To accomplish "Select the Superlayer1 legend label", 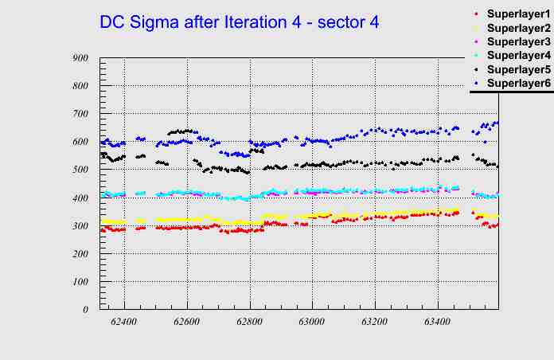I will pyautogui.click(x=518, y=14).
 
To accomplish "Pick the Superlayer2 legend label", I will pyautogui.click(x=518, y=28).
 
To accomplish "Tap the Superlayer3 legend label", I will pyautogui.click(x=518, y=41).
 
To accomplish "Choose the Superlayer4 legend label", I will pyautogui.click(x=518, y=55).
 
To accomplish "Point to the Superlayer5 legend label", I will pyautogui.click(x=518, y=69).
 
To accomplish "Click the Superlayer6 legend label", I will pyautogui.click(x=518, y=83).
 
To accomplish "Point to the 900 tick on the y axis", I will pyautogui.click(x=80, y=58).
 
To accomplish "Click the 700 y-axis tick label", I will pyautogui.click(x=80, y=114).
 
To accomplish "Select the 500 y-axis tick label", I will pyautogui.click(x=80, y=170).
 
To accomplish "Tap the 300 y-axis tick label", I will pyautogui.click(x=80, y=226).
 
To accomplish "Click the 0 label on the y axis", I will pyautogui.click(x=85, y=310).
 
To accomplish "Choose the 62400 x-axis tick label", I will pyautogui.click(x=124, y=323).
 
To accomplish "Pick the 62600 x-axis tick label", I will pyautogui.click(x=187, y=323).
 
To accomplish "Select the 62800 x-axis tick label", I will pyautogui.click(x=249, y=323).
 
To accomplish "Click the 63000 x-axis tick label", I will pyautogui.click(x=312, y=323).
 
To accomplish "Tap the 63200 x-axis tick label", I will pyautogui.click(x=375, y=323).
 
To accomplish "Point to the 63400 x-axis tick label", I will pyautogui.click(x=437, y=323).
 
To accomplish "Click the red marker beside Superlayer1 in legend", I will pyautogui.click(x=476, y=14).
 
